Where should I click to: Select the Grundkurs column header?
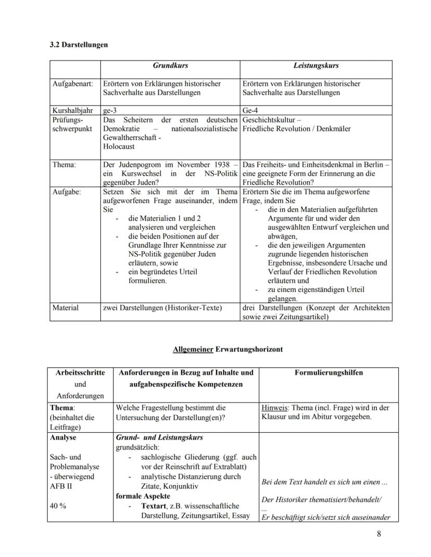[x=170, y=66]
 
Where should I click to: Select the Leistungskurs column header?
[x=316, y=66]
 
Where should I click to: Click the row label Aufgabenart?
[x=72, y=84]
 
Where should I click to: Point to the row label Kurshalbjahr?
[x=73, y=111]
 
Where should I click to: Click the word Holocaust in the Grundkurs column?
[x=119, y=147]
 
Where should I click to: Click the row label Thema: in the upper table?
[x=64, y=164]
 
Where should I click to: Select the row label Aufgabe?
[x=67, y=192]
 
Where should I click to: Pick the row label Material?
[x=66, y=308]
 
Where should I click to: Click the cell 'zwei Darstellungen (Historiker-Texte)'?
[x=162, y=308]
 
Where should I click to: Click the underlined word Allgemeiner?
[x=193, y=349]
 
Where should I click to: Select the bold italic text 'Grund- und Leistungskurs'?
[x=159, y=437]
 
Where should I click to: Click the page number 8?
[x=378, y=534]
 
